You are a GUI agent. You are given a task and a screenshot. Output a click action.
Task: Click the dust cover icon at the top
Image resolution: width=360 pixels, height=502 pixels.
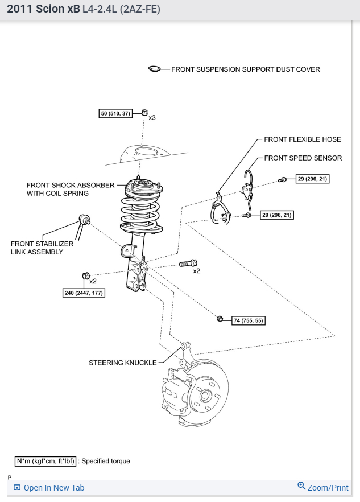[x=155, y=69]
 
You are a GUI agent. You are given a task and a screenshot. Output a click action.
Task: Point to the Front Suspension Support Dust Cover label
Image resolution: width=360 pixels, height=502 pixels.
[x=246, y=69]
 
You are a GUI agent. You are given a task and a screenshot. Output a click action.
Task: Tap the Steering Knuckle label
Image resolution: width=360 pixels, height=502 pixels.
[x=122, y=363]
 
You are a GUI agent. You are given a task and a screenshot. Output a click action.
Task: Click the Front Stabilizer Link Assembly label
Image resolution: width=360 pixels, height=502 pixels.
[x=42, y=248]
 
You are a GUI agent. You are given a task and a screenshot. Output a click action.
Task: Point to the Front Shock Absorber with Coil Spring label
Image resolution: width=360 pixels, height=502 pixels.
[x=71, y=189]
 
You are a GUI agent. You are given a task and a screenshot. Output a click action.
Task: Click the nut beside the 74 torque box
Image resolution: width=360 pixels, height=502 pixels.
[x=220, y=318]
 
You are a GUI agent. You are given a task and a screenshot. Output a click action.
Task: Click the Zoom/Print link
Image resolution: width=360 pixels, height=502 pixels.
[x=323, y=487]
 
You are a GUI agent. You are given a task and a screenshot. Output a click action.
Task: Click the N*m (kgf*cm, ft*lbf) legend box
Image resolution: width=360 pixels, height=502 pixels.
[x=45, y=461]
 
